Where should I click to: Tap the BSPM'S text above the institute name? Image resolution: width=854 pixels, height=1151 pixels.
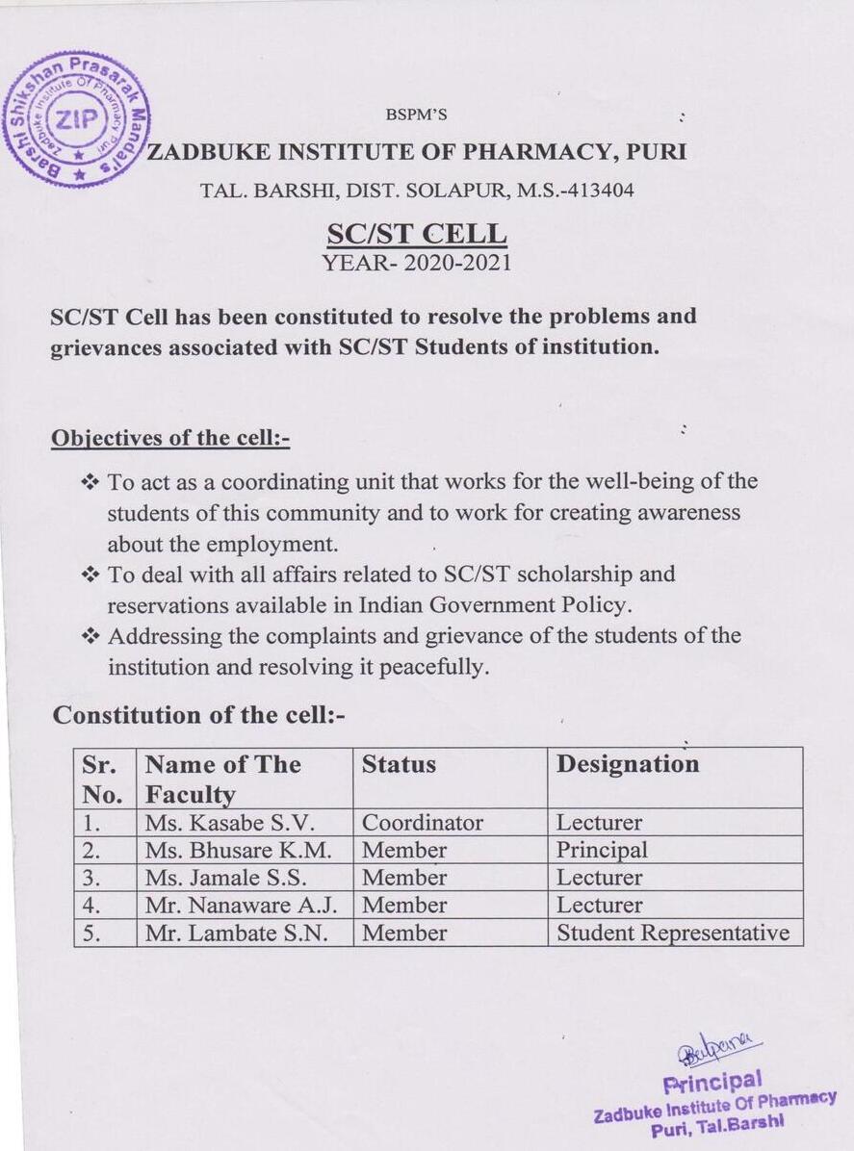point(416,115)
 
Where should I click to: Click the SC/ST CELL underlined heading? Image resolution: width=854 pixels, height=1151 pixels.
point(416,234)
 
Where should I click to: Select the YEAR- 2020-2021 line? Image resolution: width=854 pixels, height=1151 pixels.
point(417,262)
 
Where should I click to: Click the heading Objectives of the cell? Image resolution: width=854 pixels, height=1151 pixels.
point(169,438)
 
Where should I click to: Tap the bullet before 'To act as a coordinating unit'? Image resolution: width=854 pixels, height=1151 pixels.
point(91,480)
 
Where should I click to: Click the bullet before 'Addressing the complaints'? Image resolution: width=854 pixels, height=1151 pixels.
point(91,635)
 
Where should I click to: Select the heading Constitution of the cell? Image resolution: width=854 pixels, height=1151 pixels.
point(197,715)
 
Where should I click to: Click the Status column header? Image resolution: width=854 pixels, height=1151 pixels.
point(399,764)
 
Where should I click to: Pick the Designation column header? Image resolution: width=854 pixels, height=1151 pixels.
point(628,764)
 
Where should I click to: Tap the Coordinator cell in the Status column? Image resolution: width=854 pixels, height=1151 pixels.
point(422,823)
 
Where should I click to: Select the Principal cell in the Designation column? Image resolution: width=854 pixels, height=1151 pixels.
point(602,851)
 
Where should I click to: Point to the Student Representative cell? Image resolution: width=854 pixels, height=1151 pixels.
point(672,933)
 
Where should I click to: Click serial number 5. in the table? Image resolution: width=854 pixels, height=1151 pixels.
point(91,933)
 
